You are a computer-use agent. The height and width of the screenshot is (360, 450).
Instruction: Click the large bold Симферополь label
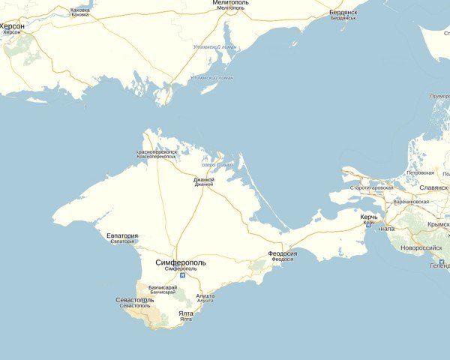pyautogui.click(x=179, y=262)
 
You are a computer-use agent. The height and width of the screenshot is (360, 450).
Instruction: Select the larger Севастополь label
pyautogui.click(x=135, y=300)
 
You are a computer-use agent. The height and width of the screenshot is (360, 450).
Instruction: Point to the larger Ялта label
pyautogui.click(x=185, y=313)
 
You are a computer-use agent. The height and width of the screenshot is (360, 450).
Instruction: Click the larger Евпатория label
pyautogui.click(x=121, y=235)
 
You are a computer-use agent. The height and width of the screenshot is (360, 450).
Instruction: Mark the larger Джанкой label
pyautogui.click(x=203, y=179)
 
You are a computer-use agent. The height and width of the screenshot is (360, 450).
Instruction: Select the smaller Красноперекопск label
pyautogui.click(x=156, y=157)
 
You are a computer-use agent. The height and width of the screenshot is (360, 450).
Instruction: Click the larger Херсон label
pyautogui.click(x=12, y=26)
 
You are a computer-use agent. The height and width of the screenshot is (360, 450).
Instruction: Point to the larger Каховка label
pyautogui.click(x=79, y=10)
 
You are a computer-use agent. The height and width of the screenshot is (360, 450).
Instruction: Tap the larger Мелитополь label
pyautogui.click(x=230, y=3)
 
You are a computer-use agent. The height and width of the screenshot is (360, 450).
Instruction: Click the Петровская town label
pyautogui.click(x=420, y=173)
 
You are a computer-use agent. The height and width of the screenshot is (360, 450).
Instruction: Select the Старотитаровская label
pyautogui.click(x=371, y=187)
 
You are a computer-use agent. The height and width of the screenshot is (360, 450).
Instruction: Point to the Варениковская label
pyautogui.click(x=412, y=202)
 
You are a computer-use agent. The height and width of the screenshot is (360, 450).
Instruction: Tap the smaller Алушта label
pyautogui.click(x=205, y=300)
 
